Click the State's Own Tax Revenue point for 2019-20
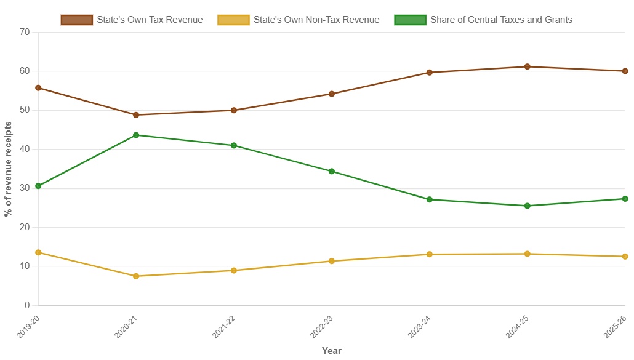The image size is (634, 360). pos(38,88)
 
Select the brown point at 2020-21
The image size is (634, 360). pos(136,115)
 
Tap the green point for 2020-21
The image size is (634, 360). pos(136,135)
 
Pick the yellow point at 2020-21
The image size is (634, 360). pos(136,276)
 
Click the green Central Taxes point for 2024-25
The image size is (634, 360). pos(528,206)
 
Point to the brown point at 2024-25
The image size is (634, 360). pos(528,66)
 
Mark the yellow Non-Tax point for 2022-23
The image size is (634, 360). pos(332,261)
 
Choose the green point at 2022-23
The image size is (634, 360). pos(332,171)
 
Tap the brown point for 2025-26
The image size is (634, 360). pos(625,71)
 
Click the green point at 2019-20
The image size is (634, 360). pos(38,186)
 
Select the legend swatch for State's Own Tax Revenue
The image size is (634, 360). pos(77,20)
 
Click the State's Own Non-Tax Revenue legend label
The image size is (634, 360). pos(316,20)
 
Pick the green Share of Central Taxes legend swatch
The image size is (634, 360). pos(410,20)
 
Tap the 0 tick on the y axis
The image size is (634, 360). pos(27,305)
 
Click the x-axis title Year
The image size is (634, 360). pos(332,351)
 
